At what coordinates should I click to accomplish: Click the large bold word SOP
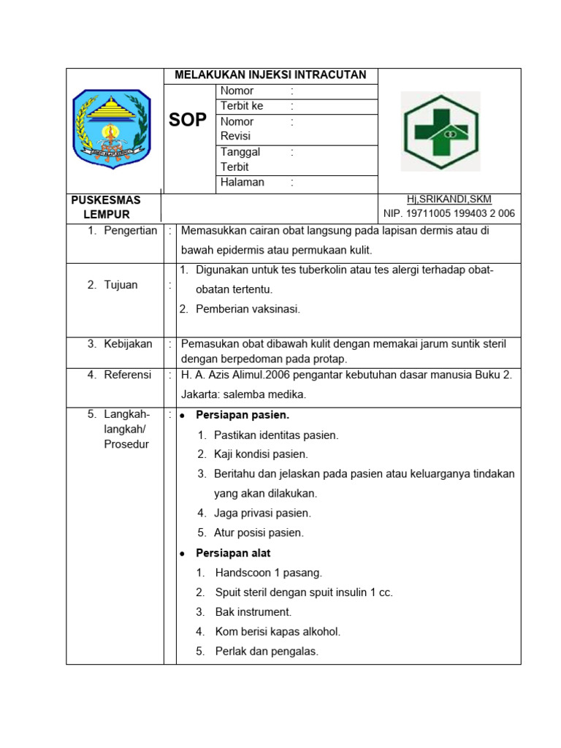(188, 121)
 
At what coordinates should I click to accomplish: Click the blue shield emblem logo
(112, 129)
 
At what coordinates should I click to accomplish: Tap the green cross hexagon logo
(441, 131)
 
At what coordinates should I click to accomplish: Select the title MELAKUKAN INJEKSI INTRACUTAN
(270, 75)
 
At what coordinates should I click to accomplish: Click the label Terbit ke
(242, 106)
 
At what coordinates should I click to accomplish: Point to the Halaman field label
(243, 183)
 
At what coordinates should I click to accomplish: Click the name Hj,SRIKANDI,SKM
(449, 199)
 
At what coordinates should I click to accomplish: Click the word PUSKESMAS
(106, 199)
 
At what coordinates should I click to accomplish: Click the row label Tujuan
(121, 285)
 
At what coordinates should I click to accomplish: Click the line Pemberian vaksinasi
(248, 309)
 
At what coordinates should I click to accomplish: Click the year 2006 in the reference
(288, 375)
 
